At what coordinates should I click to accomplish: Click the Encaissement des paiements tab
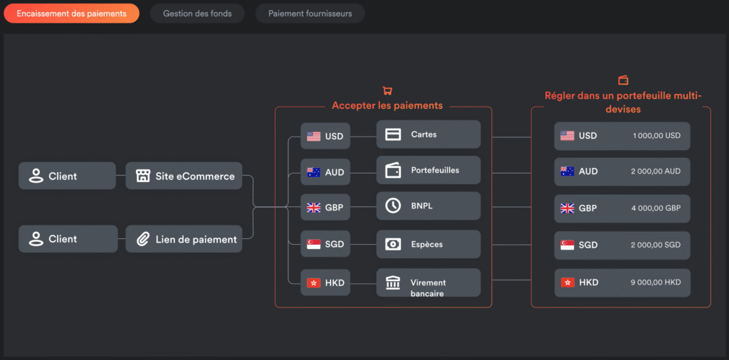(72, 14)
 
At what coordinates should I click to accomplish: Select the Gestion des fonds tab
(197, 14)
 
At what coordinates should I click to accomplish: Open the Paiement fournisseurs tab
(310, 14)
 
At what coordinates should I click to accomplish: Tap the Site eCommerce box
(184, 176)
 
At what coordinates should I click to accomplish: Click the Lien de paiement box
(184, 239)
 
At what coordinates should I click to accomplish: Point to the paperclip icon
(142, 239)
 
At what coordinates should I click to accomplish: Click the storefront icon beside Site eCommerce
(142, 176)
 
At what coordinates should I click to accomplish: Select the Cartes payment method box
(428, 134)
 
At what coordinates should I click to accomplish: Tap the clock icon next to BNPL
(393, 206)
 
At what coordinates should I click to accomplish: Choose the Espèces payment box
(428, 244)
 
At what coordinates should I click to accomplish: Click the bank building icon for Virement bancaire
(393, 282)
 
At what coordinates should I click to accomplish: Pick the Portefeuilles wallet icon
(393, 171)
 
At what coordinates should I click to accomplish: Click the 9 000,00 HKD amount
(656, 282)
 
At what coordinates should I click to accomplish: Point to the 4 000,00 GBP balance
(656, 208)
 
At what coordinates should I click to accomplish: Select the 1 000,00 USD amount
(656, 136)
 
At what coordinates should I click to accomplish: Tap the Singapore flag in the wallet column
(567, 245)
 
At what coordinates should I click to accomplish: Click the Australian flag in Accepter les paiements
(314, 172)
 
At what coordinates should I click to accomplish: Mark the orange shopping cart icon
(387, 90)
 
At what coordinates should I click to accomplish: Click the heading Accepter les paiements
(387, 105)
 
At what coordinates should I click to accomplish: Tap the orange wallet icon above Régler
(623, 80)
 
